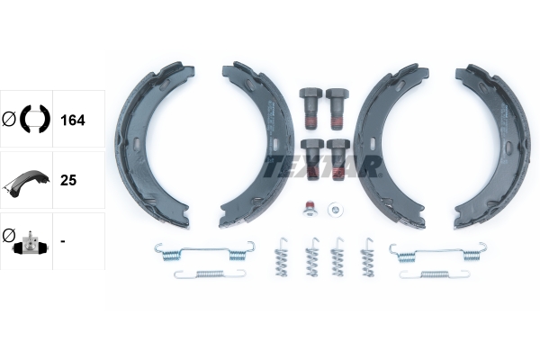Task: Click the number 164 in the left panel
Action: [72, 119]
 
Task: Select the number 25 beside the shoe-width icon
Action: [67, 180]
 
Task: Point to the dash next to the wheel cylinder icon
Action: [62, 241]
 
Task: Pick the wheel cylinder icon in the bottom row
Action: [27, 241]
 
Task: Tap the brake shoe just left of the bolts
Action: [253, 144]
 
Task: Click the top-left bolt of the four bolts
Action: [310, 104]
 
